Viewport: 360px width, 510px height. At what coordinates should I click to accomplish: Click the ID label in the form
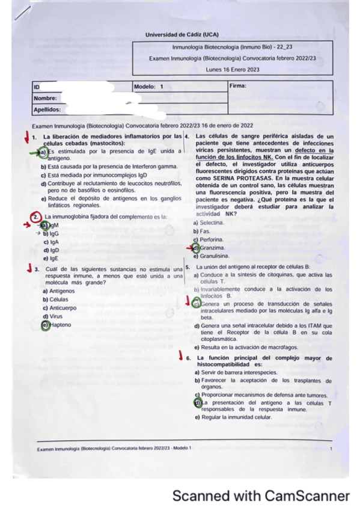[x=37, y=87]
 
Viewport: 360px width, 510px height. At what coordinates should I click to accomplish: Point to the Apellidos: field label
[x=47, y=109]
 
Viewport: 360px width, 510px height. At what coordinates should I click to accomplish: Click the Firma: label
[x=238, y=86]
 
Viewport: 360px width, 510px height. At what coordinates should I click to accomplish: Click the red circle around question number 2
[x=37, y=216]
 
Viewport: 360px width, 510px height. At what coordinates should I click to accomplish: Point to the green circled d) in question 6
[x=197, y=402]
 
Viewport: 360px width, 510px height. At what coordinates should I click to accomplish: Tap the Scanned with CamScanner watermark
[x=260, y=496]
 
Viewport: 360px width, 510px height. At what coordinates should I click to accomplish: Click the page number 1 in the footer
[x=331, y=449]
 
